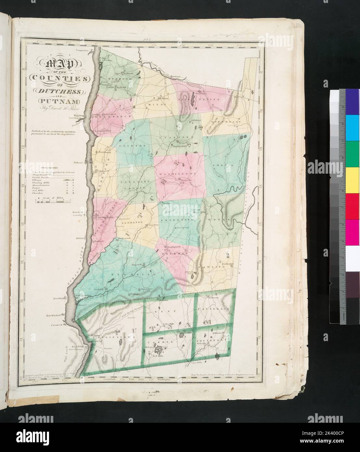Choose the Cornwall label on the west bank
[56, 325]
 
